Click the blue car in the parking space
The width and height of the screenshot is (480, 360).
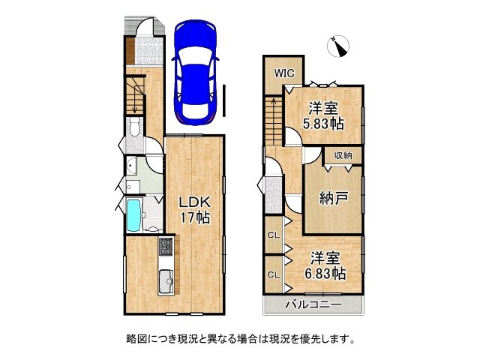[x=195, y=71]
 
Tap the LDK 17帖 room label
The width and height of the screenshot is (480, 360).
[x=193, y=210]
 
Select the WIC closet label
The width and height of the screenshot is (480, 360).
[x=283, y=73]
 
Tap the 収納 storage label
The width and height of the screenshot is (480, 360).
[x=343, y=155]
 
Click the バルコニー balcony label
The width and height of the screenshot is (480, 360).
[x=313, y=305]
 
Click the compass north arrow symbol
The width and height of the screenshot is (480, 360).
[x=340, y=46]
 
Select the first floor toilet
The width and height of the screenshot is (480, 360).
[x=133, y=128]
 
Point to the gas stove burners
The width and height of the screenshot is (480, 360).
[x=165, y=247]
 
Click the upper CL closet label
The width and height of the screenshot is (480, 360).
[x=274, y=235]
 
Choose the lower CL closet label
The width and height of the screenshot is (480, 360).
[x=274, y=274]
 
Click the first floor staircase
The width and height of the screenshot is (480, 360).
[x=136, y=94]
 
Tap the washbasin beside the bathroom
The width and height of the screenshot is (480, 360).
[x=132, y=166]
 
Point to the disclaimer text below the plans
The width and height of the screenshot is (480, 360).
[x=239, y=338]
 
